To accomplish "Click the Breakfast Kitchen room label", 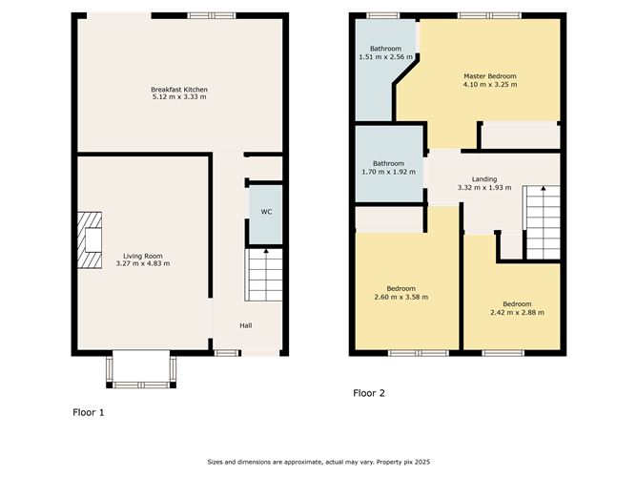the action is click(179, 90).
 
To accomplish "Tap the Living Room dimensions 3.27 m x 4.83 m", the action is click(143, 263).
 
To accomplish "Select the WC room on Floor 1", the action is click(266, 215).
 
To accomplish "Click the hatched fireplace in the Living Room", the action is click(90, 239).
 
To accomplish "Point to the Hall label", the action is click(246, 325).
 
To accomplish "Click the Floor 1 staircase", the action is click(263, 275).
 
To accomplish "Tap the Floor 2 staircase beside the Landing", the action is click(542, 222).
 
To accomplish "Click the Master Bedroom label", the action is click(490, 76).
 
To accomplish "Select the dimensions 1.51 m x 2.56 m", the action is click(385, 57).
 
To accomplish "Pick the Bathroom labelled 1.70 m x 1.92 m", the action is click(389, 164).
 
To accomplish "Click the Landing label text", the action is click(484, 179).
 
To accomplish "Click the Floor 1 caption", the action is click(89, 412).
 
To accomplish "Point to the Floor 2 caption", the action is click(369, 393).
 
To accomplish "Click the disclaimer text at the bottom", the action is click(318, 462).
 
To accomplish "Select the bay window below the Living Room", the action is click(141, 370).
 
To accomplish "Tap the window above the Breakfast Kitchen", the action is click(212, 16).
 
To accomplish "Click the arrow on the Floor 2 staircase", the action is click(544, 188).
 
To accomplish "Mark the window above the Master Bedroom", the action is click(489, 16).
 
